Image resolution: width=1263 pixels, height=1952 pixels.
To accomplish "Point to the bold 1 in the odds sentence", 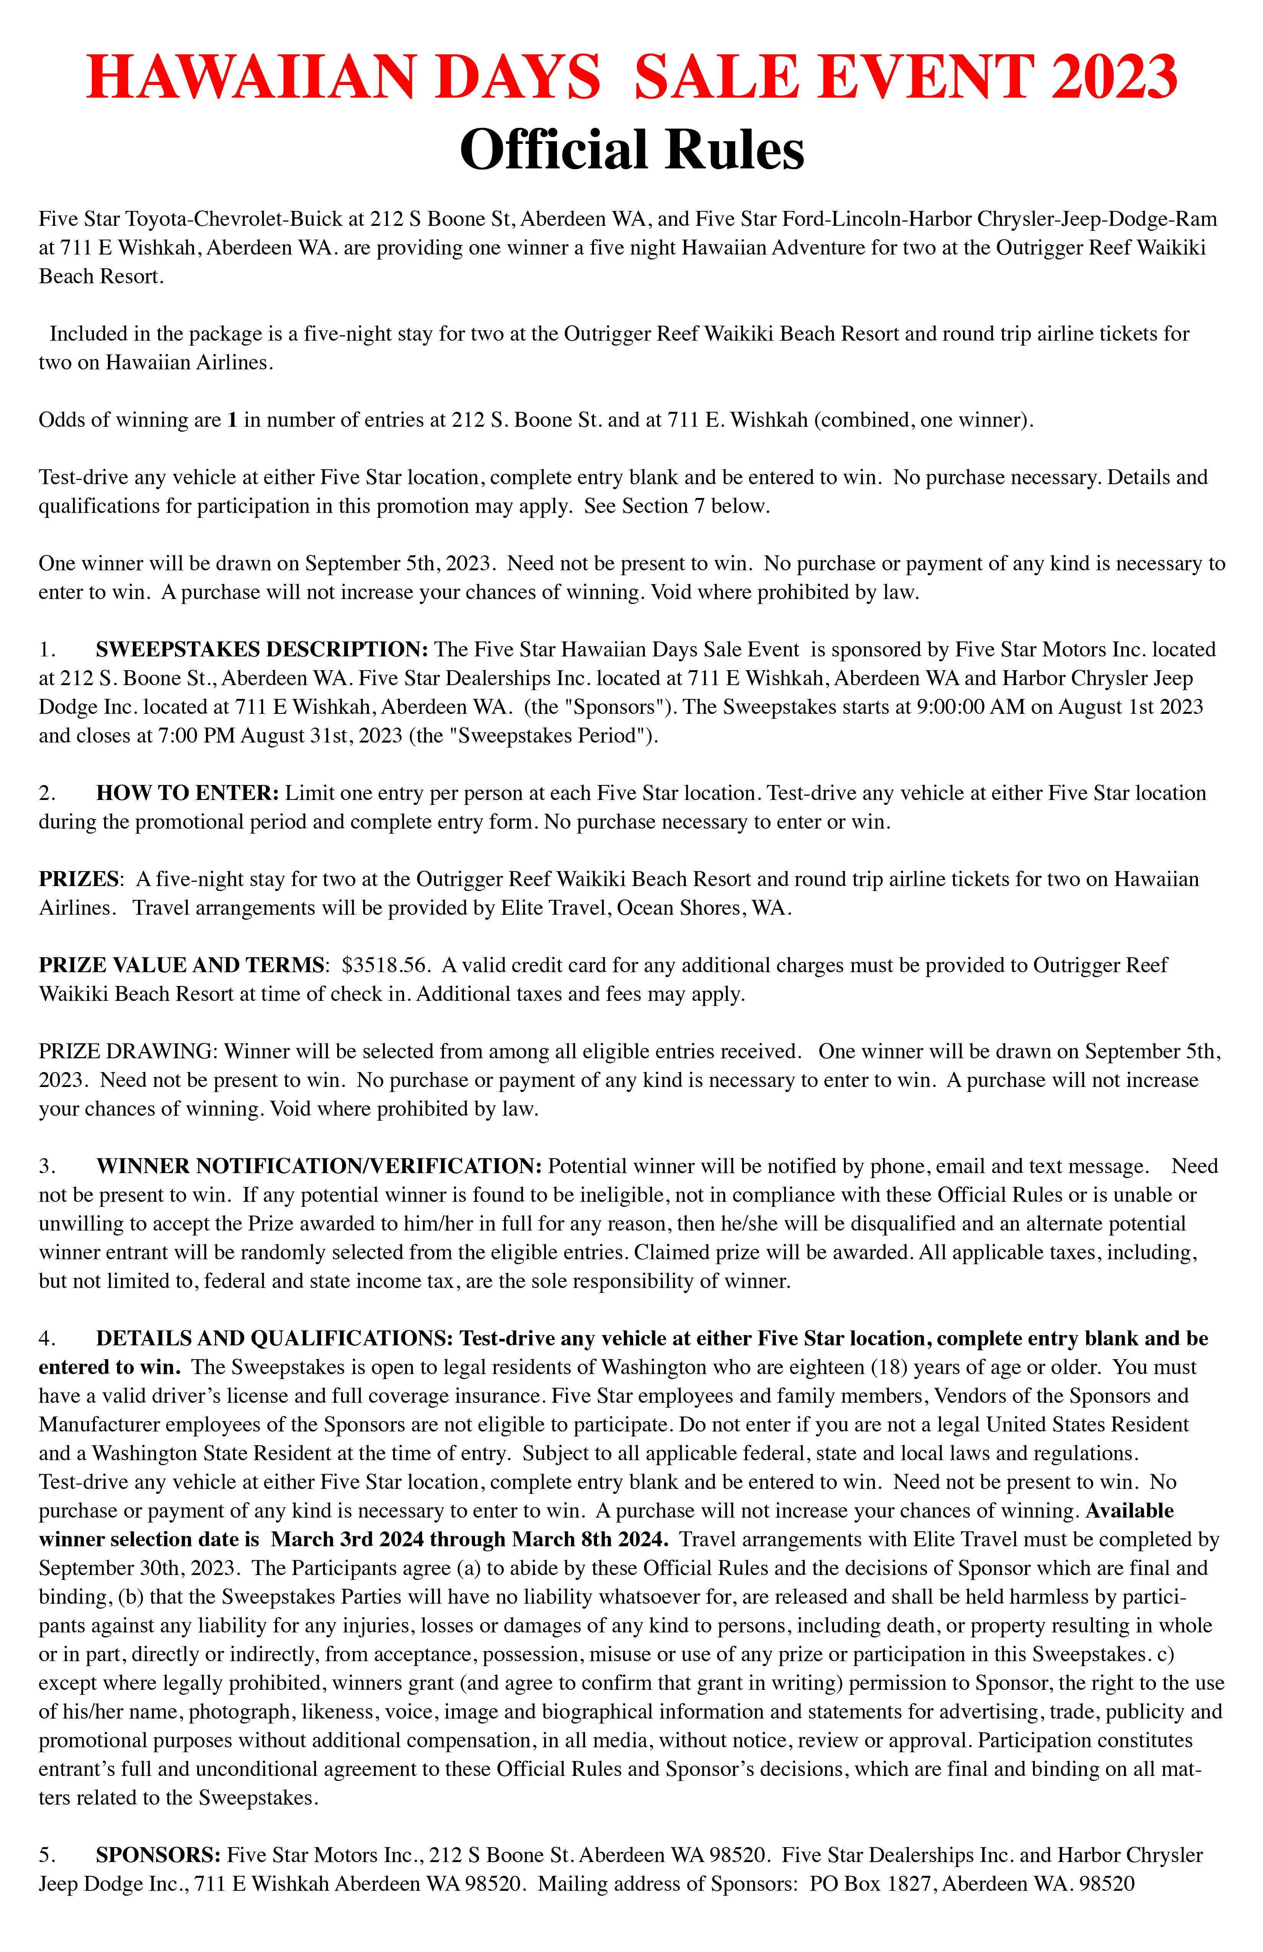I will tap(232, 420).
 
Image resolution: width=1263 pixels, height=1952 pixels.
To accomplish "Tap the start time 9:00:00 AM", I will tap(973, 707).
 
